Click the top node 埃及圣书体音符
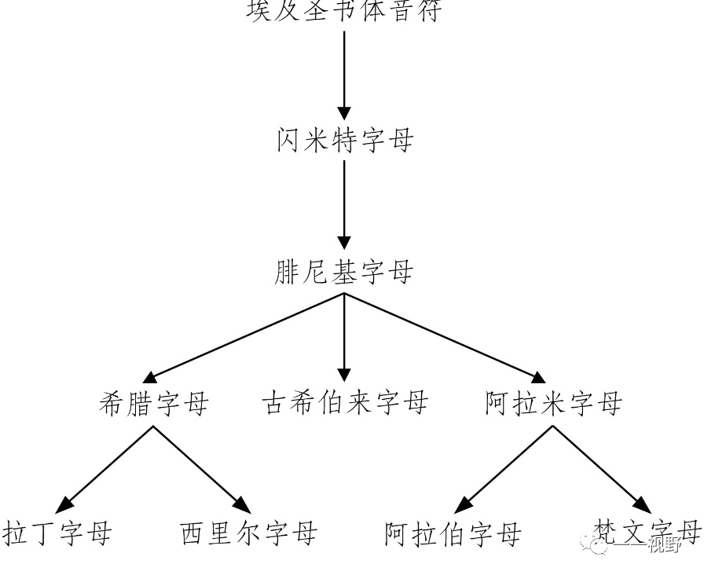coord(344,11)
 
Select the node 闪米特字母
coord(344,141)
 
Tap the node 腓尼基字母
coord(344,273)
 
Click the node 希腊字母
coord(154,404)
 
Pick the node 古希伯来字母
coord(344,404)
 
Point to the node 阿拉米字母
coord(553,404)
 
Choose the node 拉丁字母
coord(57,533)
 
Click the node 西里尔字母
coord(248,533)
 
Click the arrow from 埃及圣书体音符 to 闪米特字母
coord(344,75)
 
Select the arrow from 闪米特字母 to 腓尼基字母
coord(344,207)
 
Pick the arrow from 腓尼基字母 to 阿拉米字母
coord(445,338)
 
